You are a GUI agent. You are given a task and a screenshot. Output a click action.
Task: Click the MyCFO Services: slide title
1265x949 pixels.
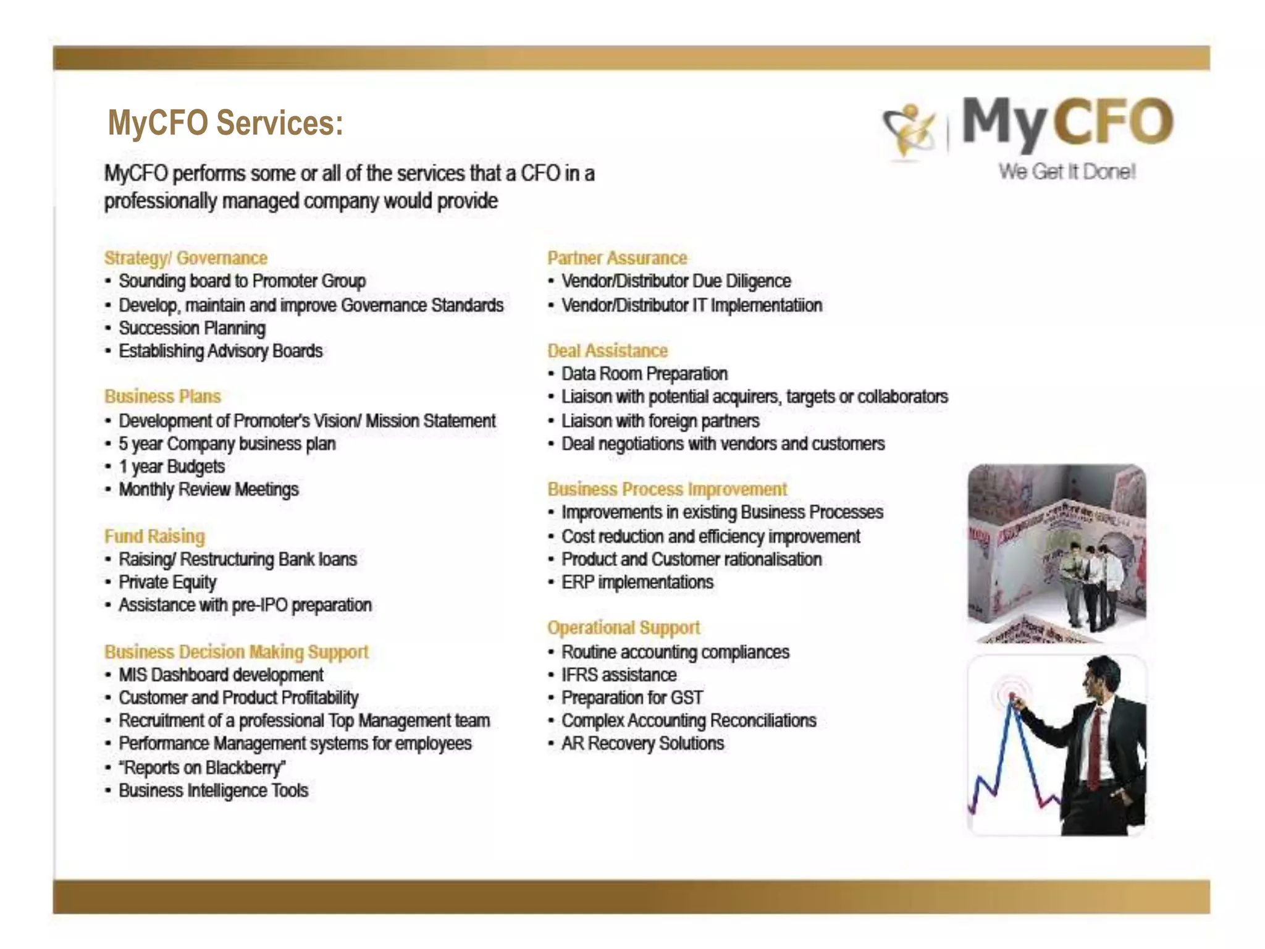pos(225,122)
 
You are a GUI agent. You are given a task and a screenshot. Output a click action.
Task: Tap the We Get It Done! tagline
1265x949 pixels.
pos(1067,171)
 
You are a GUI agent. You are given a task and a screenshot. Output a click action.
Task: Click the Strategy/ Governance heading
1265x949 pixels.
pos(185,258)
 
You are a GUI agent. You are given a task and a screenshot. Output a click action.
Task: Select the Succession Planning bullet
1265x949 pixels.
pos(192,328)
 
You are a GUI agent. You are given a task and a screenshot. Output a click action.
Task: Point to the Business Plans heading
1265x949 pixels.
pos(162,396)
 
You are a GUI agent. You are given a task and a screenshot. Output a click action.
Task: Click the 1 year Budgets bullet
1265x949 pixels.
pos(172,466)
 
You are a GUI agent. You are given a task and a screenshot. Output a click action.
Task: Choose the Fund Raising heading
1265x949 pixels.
pos(154,536)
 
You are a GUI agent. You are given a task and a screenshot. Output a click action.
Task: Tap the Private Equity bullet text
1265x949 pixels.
pos(167,582)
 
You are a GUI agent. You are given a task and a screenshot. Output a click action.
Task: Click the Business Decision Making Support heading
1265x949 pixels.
pos(236,652)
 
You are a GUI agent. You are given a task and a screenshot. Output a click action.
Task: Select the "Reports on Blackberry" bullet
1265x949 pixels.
pos(202,767)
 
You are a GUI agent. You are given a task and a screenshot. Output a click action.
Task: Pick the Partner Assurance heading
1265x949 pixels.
pos(617,258)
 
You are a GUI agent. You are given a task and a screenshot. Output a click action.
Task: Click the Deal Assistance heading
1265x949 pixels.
pos(607,350)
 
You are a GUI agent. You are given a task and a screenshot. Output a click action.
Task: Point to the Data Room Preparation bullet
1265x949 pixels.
pos(644,374)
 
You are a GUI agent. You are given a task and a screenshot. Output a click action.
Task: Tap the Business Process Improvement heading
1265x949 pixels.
pos(667,489)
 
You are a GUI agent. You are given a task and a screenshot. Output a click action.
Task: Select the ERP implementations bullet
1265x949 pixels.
pos(637,582)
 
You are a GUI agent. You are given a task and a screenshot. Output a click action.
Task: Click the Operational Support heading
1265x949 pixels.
pos(623,627)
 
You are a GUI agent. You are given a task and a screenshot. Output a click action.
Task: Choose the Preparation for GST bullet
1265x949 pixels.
pos(632,698)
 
